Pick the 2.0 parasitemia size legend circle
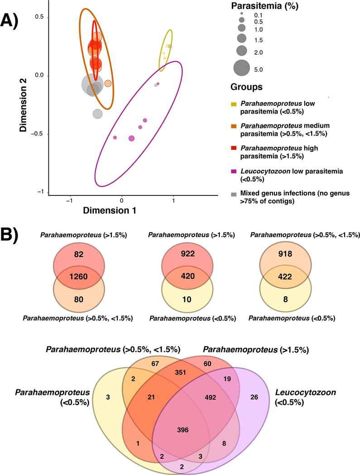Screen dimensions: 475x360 242,51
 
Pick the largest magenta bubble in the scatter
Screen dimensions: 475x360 131,138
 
